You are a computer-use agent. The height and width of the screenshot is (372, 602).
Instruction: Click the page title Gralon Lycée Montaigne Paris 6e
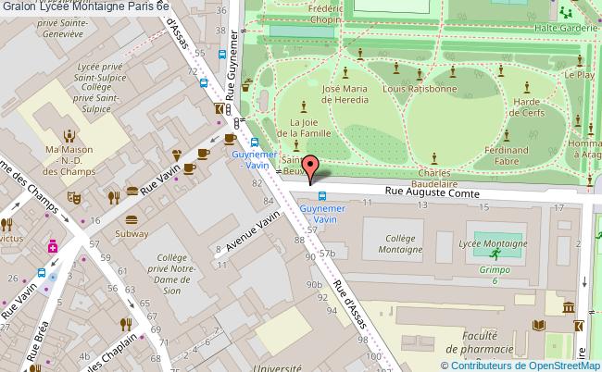click(85, 6)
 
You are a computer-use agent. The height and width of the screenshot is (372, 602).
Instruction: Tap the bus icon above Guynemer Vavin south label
click(321, 195)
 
